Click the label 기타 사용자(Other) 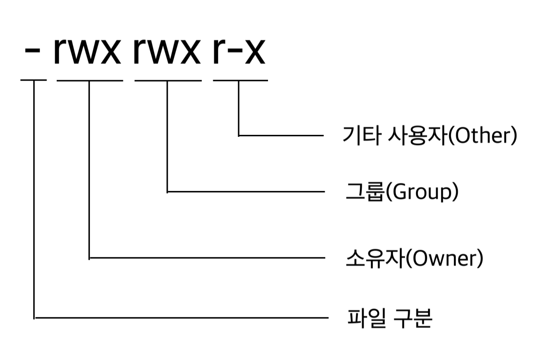429,136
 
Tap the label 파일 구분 390,318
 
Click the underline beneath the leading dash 34,80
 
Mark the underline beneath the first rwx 89,80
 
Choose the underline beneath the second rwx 168,80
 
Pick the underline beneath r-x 240,80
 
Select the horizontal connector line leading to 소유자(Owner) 207,258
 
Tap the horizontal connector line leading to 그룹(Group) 245,192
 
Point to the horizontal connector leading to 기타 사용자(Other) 281,136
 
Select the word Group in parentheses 421,192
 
